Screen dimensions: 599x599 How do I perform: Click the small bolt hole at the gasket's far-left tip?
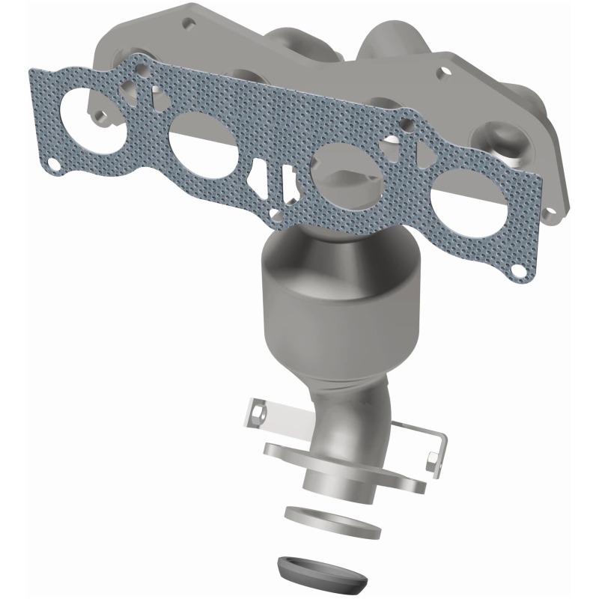[52, 162]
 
